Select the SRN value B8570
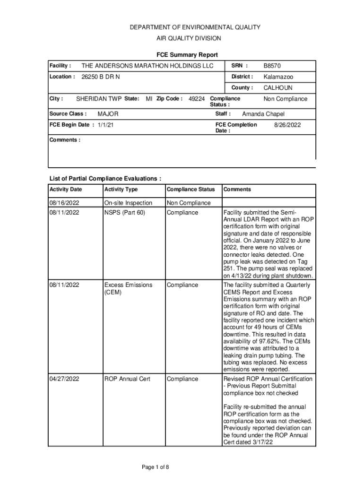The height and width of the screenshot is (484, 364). pyautogui.click(x=272, y=66)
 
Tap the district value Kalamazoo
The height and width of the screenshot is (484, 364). pyautogui.click(x=278, y=77)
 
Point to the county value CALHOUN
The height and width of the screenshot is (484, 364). pyautogui.click(x=277, y=87)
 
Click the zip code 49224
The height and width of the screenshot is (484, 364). pyautogui.click(x=197, y=99)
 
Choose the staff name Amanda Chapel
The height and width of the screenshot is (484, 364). pyautogui.click(x=263, y=114)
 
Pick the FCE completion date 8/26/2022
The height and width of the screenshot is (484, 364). pyautogui.click(x=287, y=125)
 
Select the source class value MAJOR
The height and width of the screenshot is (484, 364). pyautogui.click(x=108, y=114)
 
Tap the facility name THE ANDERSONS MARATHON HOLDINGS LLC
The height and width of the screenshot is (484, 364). pyautogui.click(x=147, y=66)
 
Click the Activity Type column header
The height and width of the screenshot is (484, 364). pyautogui.click(x=121, y=190)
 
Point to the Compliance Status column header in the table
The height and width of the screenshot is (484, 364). pyautogui.click(x=191, y=190)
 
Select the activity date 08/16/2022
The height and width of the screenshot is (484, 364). pyautogui.click(x=64, y=203)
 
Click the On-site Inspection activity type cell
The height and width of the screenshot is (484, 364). pyautogui.click(x=128, y=203)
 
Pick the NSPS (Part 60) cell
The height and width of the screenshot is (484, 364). pyautogui.click(x=125, y=212)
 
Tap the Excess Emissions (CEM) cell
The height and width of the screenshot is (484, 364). pyautogui.click(x=128, y=288)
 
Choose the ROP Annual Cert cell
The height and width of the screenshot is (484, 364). pyautogui.click(x=127, y=379)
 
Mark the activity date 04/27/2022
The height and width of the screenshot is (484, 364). pyautogui.click(x=64, y=379)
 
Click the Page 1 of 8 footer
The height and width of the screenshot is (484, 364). pyautogui.click(x=156, y=467)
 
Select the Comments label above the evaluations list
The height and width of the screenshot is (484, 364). pyautogui.click(x=65, y=140)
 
